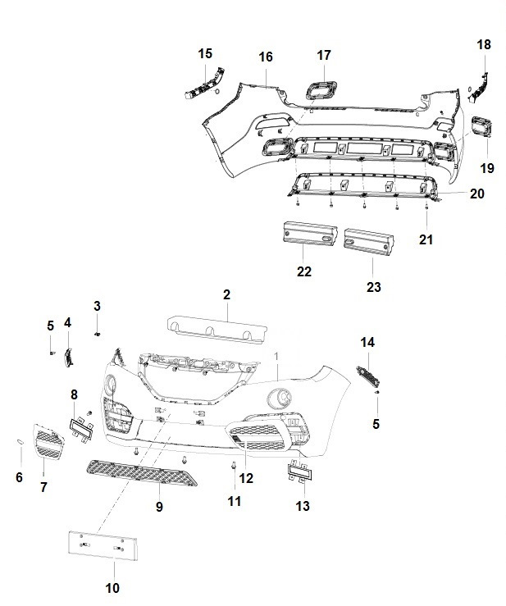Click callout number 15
coord(205,53)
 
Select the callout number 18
coord(484,44)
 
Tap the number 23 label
coord(374,287)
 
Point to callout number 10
coord(112,588)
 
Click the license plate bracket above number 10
coord(103,545)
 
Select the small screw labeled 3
coord(98,334)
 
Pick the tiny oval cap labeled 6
coord(20,442)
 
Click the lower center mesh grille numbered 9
coord(141,472)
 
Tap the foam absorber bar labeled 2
coord(217,329)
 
